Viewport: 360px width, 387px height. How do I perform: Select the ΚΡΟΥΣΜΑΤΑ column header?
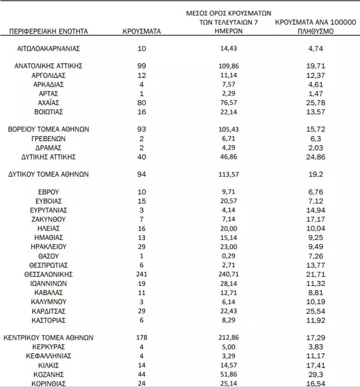[142, 31]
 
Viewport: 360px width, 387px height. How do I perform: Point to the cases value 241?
[142, 274]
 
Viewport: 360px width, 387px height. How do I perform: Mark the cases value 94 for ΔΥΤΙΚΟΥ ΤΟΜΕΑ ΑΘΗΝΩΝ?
[142, 174]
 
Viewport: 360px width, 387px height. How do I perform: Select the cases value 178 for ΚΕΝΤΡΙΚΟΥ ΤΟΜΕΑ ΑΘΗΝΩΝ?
[142, 337]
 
